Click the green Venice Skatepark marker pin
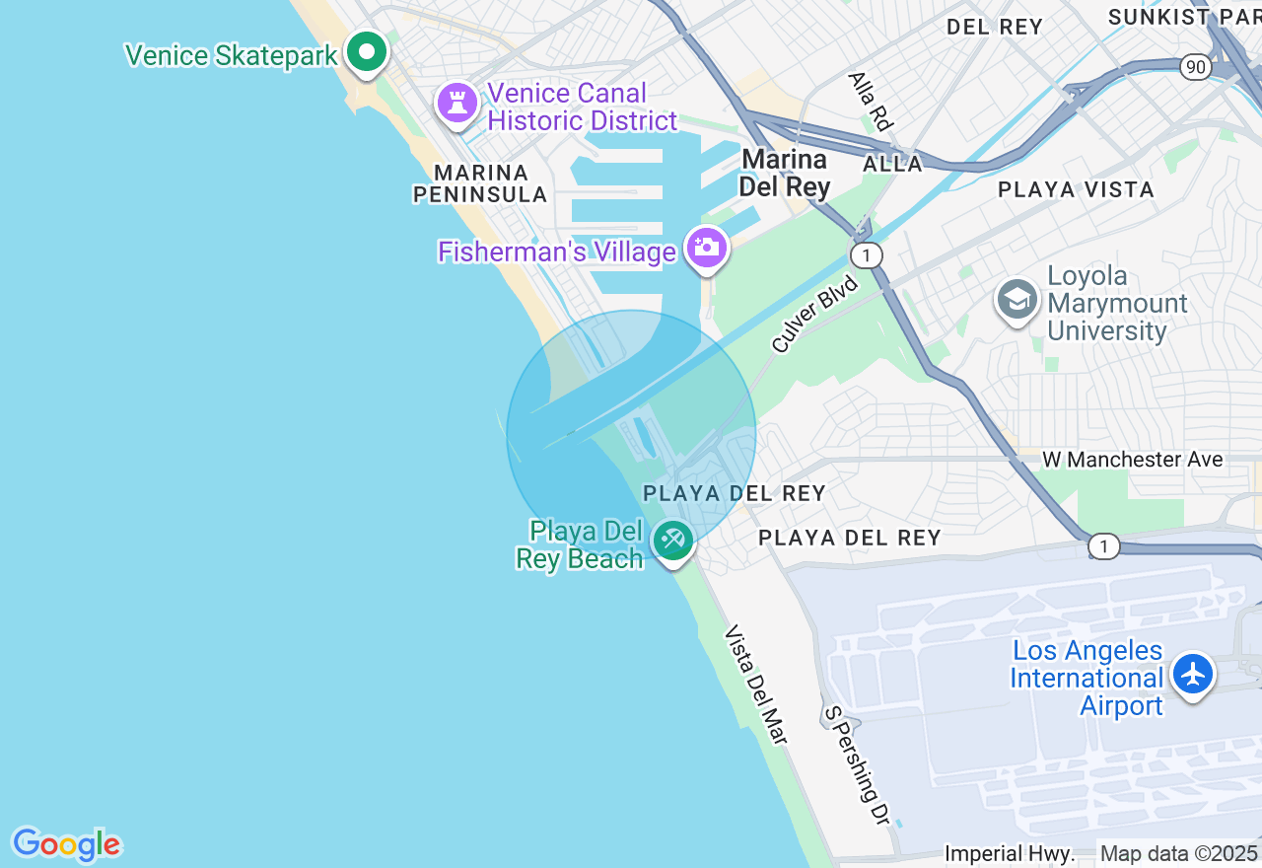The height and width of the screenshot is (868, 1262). [367, 51]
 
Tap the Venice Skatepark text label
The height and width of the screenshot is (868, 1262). [231, 55]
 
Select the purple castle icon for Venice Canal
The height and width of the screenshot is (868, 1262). [457, 103]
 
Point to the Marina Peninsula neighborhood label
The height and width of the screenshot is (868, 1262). [479, 183]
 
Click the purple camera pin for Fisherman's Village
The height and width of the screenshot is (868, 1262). [706, 248]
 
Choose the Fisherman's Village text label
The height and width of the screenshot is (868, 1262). [557, 253]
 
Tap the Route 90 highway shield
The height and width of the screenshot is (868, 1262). [1196, 67]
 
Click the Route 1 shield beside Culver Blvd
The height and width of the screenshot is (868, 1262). [867, 255]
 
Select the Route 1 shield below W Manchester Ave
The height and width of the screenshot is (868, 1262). [1104, 546]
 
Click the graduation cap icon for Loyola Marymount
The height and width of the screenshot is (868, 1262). [1017, 299]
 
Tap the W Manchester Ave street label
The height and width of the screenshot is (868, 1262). [1132, 460]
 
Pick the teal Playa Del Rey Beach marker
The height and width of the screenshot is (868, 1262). [672, 540]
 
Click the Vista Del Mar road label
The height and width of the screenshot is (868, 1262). [757, 684]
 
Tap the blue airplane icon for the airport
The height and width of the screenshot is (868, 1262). [1193, 675]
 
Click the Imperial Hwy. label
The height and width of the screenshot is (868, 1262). [1010, 853]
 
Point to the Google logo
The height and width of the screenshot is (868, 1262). [66, 845]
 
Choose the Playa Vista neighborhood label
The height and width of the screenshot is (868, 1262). [1076, 189]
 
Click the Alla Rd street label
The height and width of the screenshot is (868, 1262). [871, 101]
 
